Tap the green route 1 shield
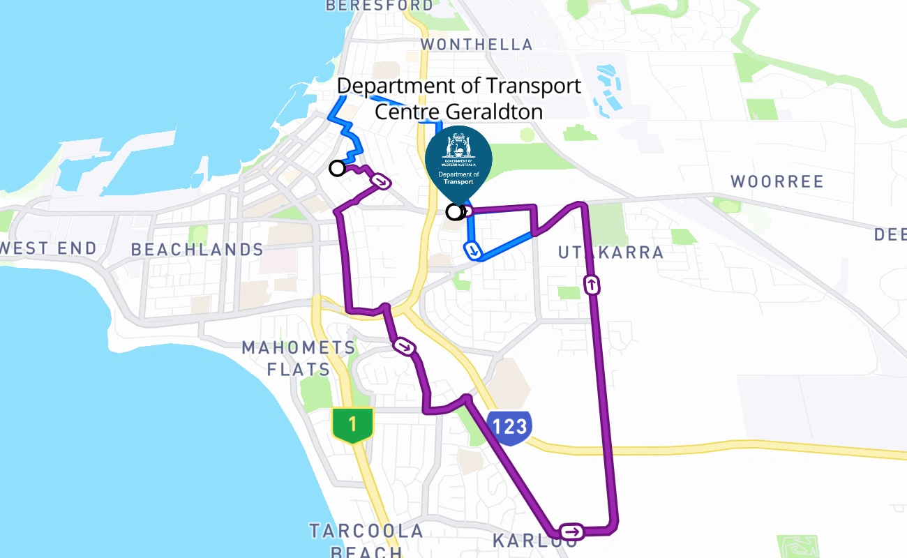click(x=352, y=425)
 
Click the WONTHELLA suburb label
click(x=477, y=45)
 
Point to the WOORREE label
click(x=777, y=182)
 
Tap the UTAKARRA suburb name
click(x=610, y=252)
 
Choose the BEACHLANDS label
click(x=197, y=250)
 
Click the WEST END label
click(x=49, y=248)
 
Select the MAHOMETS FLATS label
click(x=299, y=358)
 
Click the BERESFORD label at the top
click(x=380, y=6)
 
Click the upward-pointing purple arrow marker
click(x=592, y=285)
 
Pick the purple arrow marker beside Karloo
click(x=572, y=532)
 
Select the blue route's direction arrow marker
click(x=474, y=250)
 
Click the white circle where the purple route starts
click(x=337, y=168)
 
